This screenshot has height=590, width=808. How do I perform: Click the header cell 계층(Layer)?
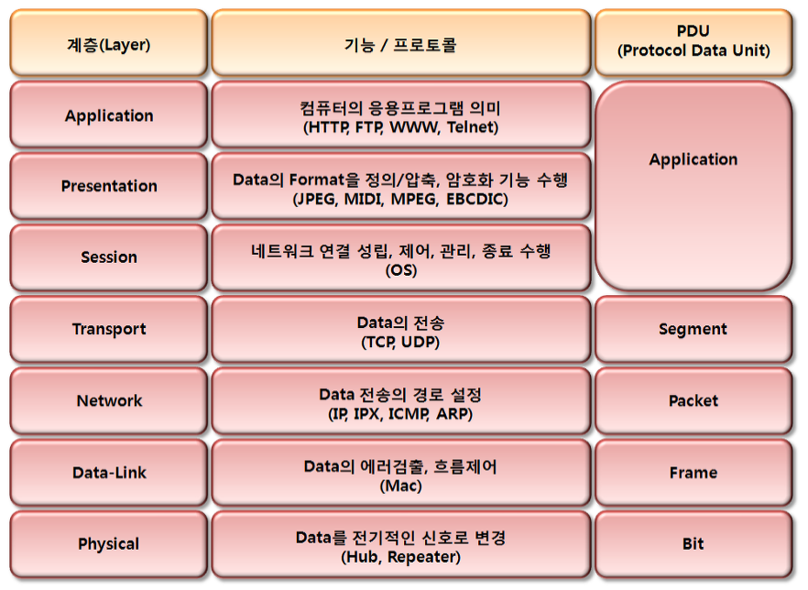point(109,43)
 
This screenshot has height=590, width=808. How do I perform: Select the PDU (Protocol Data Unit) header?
point(693,43)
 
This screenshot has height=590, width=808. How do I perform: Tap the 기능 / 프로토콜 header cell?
point(401,43)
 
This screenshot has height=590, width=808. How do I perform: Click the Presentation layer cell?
point(109,186)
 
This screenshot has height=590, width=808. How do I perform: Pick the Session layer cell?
point(109,257)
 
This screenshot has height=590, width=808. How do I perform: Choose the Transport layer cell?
point(109,329)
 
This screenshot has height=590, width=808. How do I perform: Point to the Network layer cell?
point(109,400)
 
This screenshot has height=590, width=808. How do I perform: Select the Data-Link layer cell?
point(109,472)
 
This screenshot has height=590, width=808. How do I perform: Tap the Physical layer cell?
point(109,543)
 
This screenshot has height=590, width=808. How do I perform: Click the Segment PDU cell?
point(693,329)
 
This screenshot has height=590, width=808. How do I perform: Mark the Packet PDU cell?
point(693,400)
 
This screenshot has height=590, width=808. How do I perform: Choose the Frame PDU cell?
point(693,472)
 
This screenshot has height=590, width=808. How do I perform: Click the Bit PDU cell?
point(693,543)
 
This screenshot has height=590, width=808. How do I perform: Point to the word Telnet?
point(470,126)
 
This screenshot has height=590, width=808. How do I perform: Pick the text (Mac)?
point(401,486)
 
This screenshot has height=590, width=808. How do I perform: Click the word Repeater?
point(421,557)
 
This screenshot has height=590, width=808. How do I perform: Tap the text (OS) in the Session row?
point(401,270)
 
